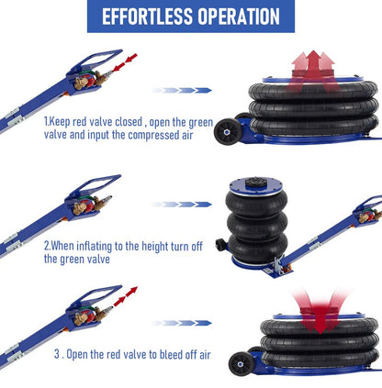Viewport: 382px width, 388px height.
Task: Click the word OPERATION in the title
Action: click(239, 17)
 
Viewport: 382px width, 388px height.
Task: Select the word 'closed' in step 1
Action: click(129, 122)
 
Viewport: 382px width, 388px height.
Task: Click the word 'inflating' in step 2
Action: click(94, 246)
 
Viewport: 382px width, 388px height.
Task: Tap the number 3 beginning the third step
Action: click(57, 354)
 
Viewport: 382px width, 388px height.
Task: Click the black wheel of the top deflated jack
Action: click(227, 132)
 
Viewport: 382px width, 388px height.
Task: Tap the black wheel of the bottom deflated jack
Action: click(242, 364)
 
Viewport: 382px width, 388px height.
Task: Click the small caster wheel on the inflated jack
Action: click(220, 245)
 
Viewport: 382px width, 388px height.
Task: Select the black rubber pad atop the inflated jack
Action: click(256, 182)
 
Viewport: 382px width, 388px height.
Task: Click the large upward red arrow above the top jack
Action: click(313, 72)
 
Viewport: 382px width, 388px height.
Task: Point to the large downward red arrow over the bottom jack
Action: click(320, 312)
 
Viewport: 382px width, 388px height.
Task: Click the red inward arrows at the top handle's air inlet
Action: click(125, 62)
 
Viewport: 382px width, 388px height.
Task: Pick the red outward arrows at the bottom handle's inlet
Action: click(126, 296)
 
